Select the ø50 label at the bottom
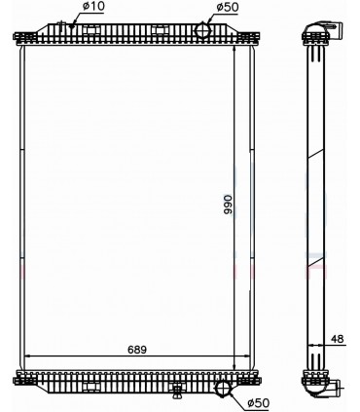click(257, 401)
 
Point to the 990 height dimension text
click(228, 204)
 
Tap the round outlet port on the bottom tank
click(224, 391)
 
